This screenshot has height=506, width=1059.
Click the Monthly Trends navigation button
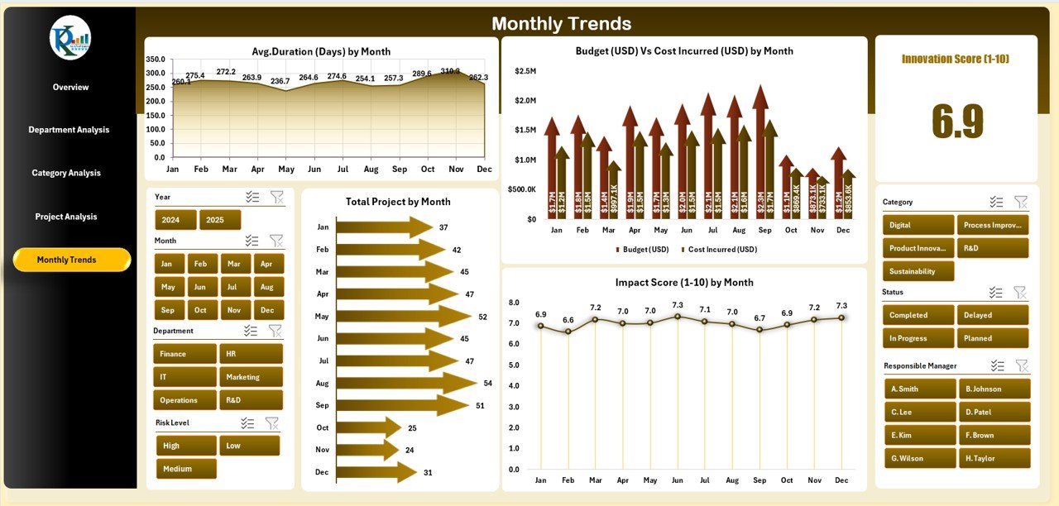pyautogui.click(x=72, y=260)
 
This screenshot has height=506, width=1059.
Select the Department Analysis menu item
pyautogui.click(x=69, y=130)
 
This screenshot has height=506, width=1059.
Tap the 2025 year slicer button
pyautogui.click(x=220, y=220)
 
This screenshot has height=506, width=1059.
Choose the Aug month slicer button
pyautogui.click(x=266, y=287)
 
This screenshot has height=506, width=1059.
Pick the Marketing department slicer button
pyautogui.click(x=251, y=377)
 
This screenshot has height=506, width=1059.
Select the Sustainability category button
pyautogui.click(x=918, y=271)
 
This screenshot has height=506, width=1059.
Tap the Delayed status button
pyautogui.click(x=993, y=315)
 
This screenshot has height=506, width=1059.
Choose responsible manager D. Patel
pyautogui.click(x=994, y=412)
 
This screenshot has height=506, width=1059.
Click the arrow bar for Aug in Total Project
pyautogui.click(x=405, y=383)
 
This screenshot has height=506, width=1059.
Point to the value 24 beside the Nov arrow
pyautogui.click(x=410, y=450)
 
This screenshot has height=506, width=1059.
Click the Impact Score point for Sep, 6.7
pyautogui.click(x=760, y=330)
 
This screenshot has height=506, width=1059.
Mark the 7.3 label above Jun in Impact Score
pyautogui.click(x=677, y=305)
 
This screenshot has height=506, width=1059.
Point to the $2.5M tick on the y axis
pyautogui.click(x=525, y=71)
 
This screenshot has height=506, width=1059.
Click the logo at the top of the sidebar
pyautogui.click(x=70, y=38)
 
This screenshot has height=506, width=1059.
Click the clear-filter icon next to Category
pyautogui.click(x=1021, y=202)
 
